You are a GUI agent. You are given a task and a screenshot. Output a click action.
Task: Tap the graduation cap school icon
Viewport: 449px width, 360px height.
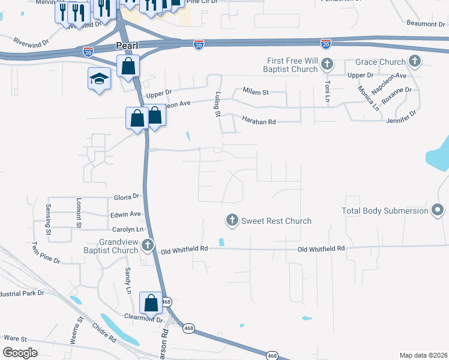(x=100, y=79)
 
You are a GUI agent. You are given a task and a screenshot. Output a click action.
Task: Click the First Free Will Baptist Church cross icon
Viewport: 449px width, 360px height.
(x=327, y=64)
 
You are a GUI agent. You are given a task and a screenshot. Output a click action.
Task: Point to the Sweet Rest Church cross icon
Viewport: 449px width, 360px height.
(x=232, y=221)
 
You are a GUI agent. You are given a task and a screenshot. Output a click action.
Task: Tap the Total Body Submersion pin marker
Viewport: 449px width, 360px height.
(x=438, y=210)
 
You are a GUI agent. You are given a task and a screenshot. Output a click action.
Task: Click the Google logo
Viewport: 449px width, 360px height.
(x=20, y=353)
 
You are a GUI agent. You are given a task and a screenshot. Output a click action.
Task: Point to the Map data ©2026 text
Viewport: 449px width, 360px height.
(x=423, y=355)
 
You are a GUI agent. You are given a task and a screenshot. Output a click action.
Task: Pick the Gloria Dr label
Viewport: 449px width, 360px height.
(x=127, y=196)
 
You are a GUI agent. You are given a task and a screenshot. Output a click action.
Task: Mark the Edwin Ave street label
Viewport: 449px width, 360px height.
(x=125, y=214)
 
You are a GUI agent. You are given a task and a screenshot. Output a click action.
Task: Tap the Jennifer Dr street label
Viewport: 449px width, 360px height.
(x=402, y=120)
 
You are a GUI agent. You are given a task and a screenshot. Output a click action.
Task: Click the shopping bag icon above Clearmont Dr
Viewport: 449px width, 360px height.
(x=151, y=302)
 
